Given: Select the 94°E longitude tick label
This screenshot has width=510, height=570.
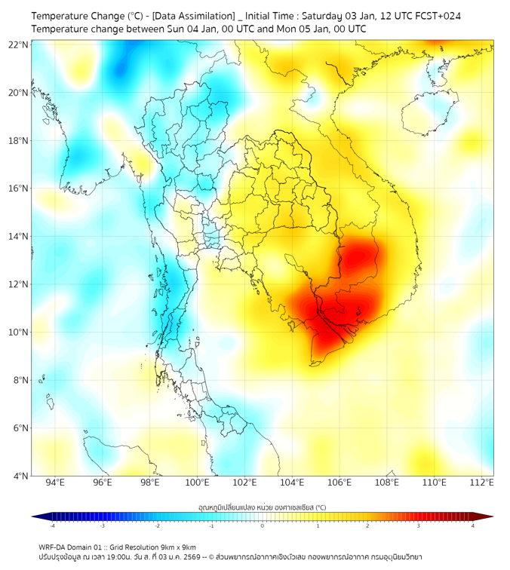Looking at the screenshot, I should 55,483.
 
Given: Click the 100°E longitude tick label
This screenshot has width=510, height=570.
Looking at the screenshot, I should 198,483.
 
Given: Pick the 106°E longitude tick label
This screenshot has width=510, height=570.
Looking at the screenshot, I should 340,483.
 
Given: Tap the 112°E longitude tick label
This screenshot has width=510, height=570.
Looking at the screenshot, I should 482,483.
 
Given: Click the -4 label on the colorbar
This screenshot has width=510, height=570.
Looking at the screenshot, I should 52,526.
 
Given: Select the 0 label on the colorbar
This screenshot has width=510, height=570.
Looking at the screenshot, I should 263,526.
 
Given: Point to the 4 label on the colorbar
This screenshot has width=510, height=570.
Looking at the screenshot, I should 473,526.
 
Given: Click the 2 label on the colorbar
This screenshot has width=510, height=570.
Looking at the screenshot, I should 367,526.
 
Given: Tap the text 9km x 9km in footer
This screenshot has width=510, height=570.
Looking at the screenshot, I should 174,547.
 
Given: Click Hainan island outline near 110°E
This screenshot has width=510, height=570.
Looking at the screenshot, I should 422,115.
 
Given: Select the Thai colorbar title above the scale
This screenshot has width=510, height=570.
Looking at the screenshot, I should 262,507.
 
